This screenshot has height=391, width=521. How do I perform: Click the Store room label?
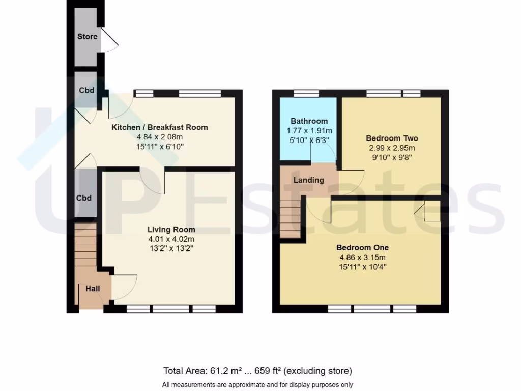click(87, 37)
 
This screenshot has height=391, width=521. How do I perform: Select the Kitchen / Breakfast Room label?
click(159, 127)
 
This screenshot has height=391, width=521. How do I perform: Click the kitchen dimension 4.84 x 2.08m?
click(159, 137)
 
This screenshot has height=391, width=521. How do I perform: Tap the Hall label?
click(93, 289)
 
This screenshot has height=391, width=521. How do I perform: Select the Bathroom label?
click(309, 121)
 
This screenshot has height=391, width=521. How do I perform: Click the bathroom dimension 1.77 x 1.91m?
click(309, 131)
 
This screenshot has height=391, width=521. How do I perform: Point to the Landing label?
click(309, 180)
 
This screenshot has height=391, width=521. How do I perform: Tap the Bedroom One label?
click(362, 248)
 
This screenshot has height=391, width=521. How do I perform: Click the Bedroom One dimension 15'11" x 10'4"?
click(362, 267)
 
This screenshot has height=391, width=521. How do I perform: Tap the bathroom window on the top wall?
click(307, 93)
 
